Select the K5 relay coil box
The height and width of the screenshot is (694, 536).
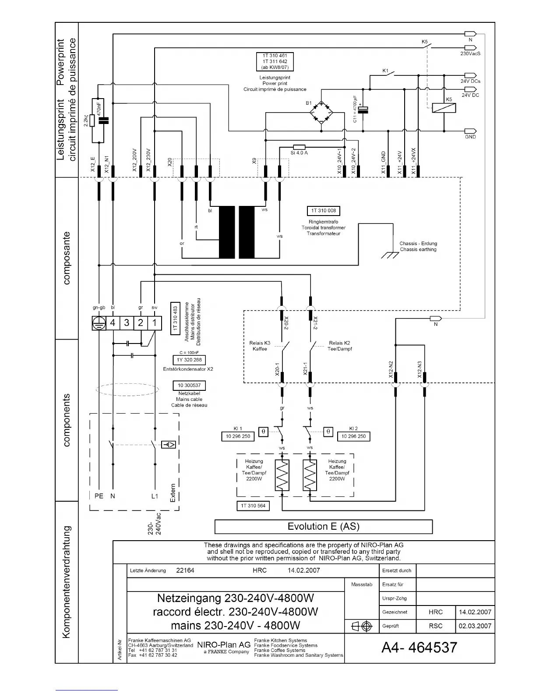click(x=444, y=107)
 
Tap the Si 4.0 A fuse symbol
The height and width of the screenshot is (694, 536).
click(x=299, y=147)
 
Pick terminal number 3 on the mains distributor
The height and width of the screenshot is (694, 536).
click(x=127, y=323)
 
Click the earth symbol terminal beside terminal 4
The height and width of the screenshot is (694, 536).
click(x=99, y=323)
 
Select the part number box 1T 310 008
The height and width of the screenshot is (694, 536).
click(x=323, y=211)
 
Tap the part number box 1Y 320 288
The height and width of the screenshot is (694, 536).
click(x=189, y=360)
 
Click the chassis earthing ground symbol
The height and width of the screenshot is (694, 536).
click(x=387, y=255)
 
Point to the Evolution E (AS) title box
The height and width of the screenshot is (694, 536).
click(x=323, y=527)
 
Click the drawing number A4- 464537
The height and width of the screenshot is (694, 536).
click(x=419, y=648)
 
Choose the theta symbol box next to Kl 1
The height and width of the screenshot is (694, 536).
click(x=263, y=432)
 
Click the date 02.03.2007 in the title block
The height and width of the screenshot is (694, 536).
click(x=475, y=626)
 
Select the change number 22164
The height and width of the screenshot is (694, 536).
click(x=185, y=570)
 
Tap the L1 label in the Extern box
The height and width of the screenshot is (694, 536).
click(x=155, y=496)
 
